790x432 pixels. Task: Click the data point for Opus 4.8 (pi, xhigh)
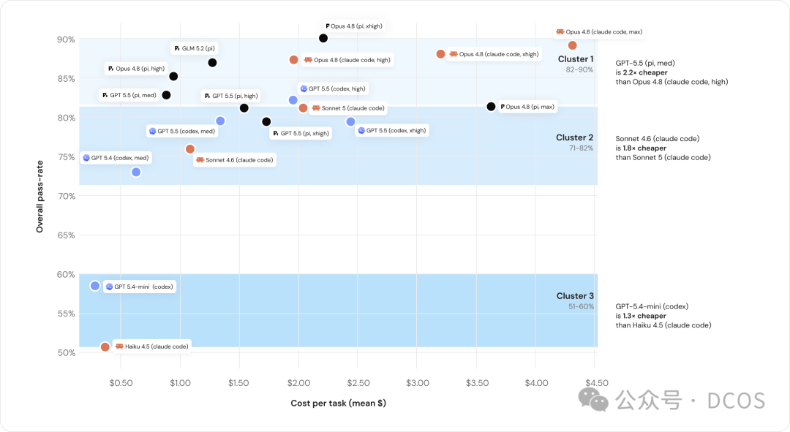(323, 38)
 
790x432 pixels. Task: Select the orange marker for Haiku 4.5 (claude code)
(105, 347)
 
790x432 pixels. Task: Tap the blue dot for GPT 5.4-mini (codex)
(95, 286)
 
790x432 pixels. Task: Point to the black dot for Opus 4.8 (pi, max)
(492, 107)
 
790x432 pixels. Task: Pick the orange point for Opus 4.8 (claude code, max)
(572, 45)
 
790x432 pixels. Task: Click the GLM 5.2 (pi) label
(195, 48)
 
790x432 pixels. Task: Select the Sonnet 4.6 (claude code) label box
(235, 160)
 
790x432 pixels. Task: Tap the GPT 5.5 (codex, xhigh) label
(392, 130)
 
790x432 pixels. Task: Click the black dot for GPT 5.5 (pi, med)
(166, 95)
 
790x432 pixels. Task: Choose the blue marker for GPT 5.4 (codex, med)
(136, 173)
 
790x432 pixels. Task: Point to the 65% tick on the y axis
(66, 235)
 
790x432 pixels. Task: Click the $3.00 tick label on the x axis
(418, 383)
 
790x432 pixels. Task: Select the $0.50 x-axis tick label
(121, 383)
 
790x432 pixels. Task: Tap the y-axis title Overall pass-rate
(39, 197)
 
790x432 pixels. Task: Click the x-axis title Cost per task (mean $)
(339, 403)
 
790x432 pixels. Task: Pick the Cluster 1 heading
(576, 59)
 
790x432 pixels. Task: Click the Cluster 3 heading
(575, 295)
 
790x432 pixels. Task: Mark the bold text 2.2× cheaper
(645, 72)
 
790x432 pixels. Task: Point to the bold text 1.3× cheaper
(644, 316)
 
